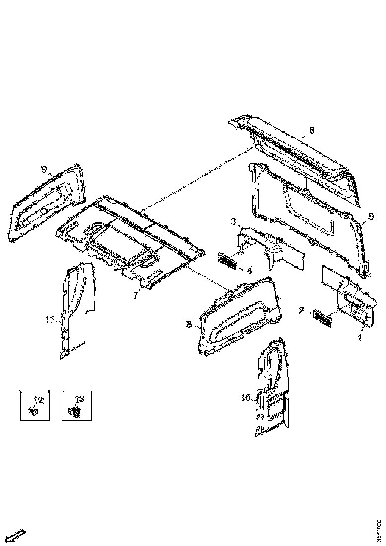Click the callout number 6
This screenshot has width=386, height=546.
pyautogui.click(x=311, y=130)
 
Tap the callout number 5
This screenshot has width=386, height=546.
pyautogui.click(x=370, y=217)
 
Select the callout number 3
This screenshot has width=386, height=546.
pyautogui.click(x=233, y=220)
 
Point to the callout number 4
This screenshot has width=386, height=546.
pyautogui.click(x=249, y=271)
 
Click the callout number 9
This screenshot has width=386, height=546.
pyautogui.click(x=44, y=170)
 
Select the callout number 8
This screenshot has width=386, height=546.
pyautogui.click(x=189, y=324)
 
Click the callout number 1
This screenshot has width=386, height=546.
pyautogui.click(x=360, y=336)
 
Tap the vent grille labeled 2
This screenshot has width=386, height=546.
pyautogui.click(x=323, y=318)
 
